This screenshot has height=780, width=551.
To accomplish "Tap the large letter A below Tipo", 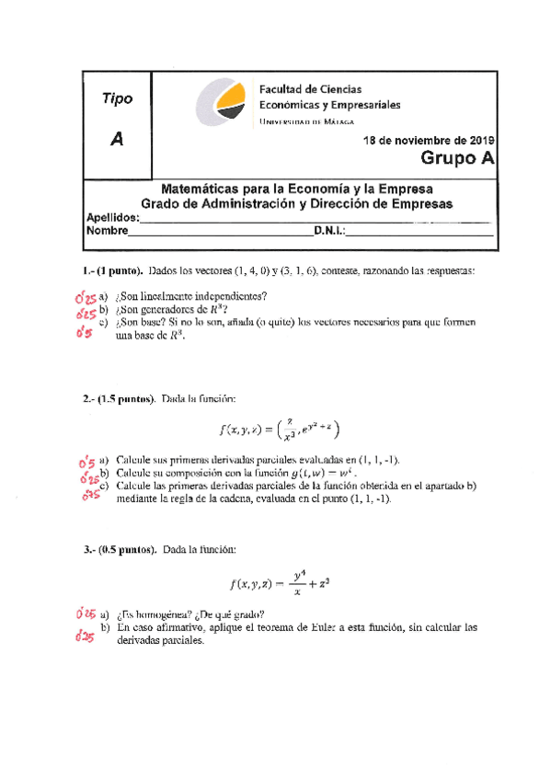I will pyautogui.click(x=116, y=139).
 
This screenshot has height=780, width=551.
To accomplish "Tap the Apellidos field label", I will pyautogui.click(x=113, y=218).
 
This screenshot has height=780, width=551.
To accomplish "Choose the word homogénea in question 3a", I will pyautogui.click(x=162, y=614).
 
